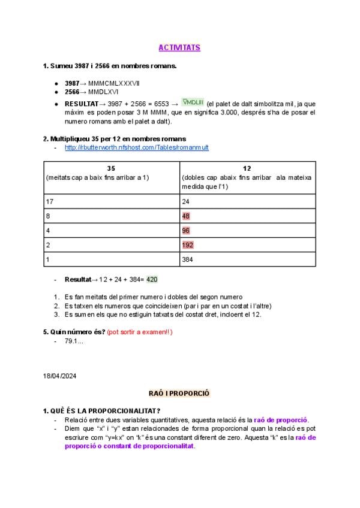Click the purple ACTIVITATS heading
179,47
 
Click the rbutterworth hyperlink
137,147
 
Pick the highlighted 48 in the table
186,216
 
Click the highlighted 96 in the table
186,231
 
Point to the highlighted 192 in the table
188,245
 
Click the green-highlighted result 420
152,279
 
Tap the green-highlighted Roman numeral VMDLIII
193,102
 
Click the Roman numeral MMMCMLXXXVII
113,83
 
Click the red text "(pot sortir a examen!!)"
139,332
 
